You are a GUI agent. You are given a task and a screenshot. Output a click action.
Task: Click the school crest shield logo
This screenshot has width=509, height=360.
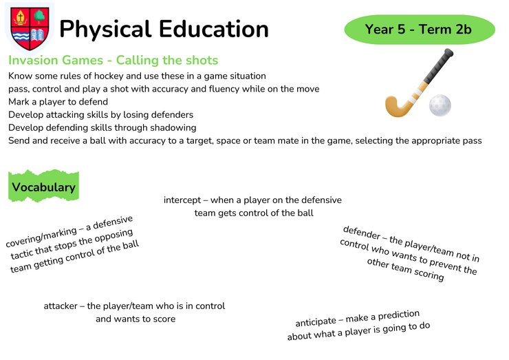(30, 29)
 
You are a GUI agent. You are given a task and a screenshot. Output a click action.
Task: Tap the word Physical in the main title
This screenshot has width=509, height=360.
(105, 30)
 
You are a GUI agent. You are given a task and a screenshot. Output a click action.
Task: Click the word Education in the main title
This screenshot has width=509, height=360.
(214, 29)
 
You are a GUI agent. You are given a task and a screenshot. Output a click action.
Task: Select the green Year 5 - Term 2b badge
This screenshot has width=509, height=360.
(420, 29)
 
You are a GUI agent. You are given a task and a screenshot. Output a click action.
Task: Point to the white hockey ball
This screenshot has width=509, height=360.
(440, 105)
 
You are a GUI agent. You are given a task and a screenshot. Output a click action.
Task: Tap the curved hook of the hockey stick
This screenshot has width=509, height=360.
(395, 107)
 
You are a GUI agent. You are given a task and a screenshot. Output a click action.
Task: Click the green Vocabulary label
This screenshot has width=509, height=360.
(43, 186)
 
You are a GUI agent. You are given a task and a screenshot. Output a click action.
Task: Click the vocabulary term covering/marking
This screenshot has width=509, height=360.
(41, 237)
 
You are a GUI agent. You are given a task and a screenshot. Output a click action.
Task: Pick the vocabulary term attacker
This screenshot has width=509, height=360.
(61, 306)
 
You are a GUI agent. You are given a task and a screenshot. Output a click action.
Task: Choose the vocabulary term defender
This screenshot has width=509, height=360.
(362, 233)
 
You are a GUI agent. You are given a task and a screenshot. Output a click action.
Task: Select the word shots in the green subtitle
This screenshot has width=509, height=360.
(204, 60)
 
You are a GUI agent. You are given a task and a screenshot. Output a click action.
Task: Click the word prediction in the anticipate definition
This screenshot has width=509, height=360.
(399, 315)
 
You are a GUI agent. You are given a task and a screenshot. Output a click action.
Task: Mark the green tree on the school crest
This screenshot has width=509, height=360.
(39, 17)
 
